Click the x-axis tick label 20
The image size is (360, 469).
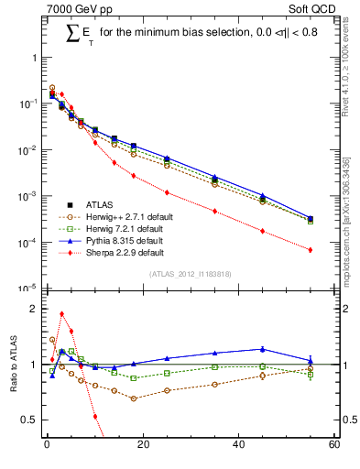tap(142, 446)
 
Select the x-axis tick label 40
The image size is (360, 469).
tap(238, 446)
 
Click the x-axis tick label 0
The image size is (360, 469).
tap(46, 446)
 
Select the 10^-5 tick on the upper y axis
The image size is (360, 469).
tap(27, 289)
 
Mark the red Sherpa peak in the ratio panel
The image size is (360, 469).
tap(61, 313)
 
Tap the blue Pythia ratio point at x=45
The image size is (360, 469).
tap(262, 348)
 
